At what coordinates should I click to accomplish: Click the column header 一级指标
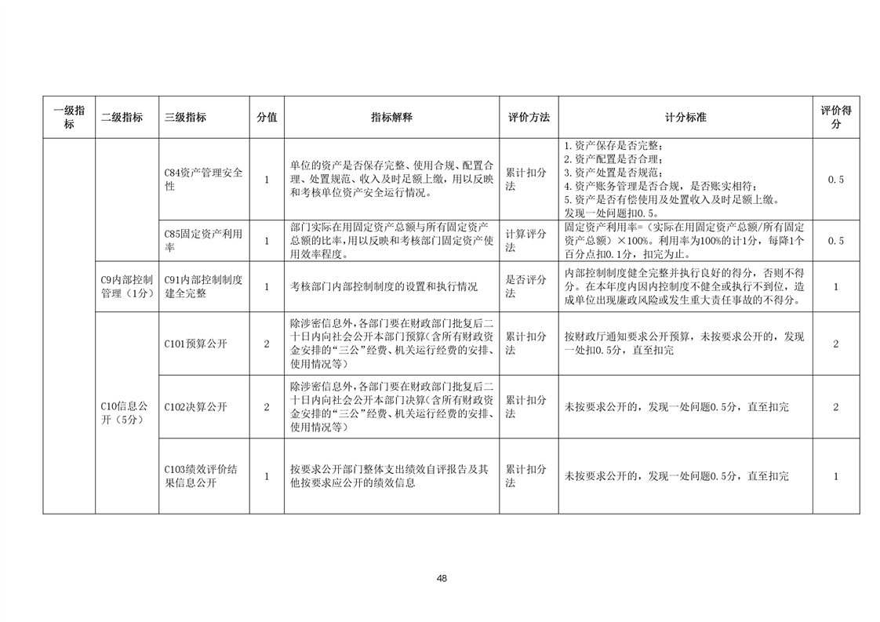[x=69, y=117]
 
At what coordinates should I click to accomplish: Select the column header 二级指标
[x=122, y=117]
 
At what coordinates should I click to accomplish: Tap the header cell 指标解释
[x=391, y=117]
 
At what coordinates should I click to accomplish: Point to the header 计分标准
[x=685, y=117]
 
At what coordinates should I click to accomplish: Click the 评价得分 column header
[x=835, y=117]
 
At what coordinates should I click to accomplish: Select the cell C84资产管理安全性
[x=203, y=180]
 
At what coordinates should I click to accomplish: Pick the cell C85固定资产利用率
[x=203, y=240]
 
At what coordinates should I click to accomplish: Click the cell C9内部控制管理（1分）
[x=125, y=286]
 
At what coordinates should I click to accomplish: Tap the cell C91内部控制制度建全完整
[x=203, y=286]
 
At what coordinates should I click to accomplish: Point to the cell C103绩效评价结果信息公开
[x=203, y=476]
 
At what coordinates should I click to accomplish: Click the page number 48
[x=442, y=579]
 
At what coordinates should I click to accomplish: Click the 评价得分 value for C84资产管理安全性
[x=835, y=180]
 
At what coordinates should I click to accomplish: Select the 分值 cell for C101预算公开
[x=266, y=344]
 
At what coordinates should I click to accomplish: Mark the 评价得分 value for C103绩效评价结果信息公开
[x=835, y=476]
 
